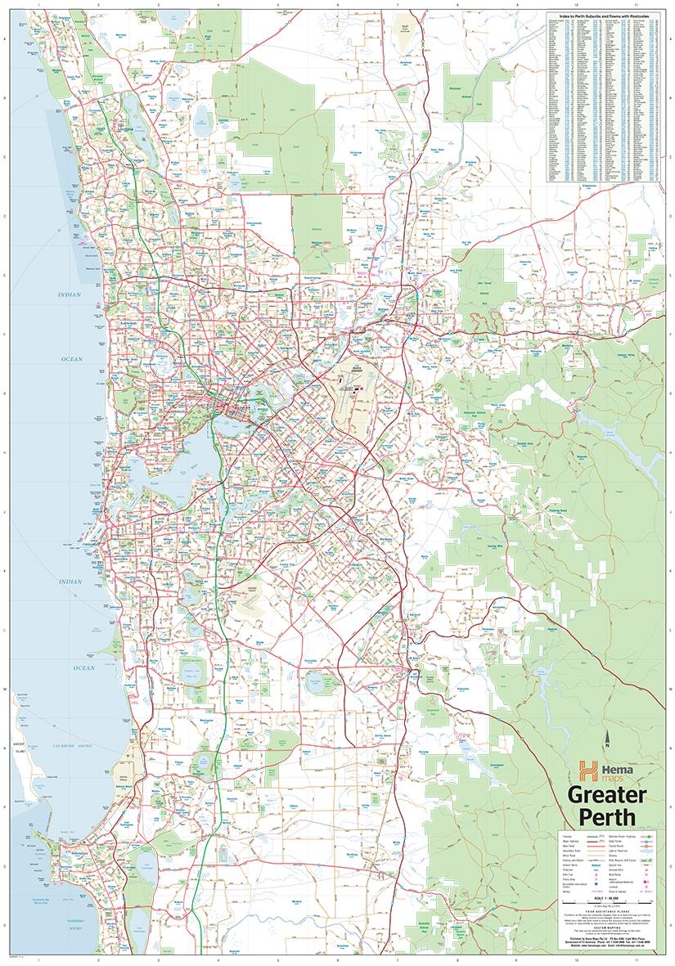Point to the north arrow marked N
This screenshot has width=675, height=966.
pos(606,743)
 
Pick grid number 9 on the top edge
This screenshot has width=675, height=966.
pos(516,5)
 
